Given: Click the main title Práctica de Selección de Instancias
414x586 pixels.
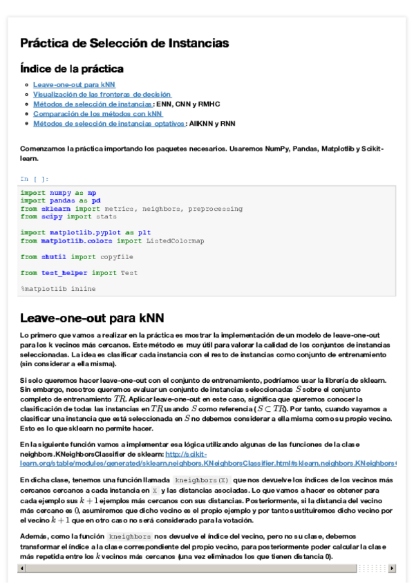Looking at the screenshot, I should click(x=124, y=44).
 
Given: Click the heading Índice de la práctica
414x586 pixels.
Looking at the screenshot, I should click(x=72, y=69).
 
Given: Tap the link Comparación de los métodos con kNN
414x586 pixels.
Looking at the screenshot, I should click(x=97, y=113).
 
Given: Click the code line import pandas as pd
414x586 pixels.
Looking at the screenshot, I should click(x=61, y=200).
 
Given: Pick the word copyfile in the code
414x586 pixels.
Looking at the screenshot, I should click(x=117, y=256).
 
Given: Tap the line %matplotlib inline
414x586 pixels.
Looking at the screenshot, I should click(x=59, y=288).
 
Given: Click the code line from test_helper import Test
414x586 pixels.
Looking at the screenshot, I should click(x=79, y=273).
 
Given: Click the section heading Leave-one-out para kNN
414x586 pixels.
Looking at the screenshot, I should click(x=92, y=318).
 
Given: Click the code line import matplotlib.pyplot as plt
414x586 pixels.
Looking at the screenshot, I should click(x=86, y=233).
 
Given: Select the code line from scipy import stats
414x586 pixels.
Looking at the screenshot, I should click(x=68, y=216).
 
